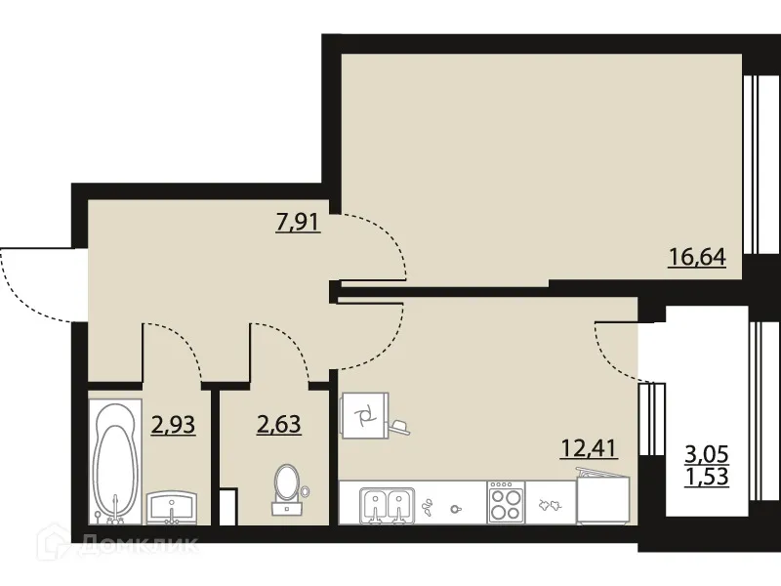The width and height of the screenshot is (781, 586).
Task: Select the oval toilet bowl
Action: coord(287,482)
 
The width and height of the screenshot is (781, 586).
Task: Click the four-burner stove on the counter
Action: coord(506,503)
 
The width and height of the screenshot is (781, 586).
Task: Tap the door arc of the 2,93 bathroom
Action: coord(178,347)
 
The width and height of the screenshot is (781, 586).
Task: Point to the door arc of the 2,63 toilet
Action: coord(285,347)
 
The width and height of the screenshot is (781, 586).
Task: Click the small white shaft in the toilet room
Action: coord(228,506)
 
